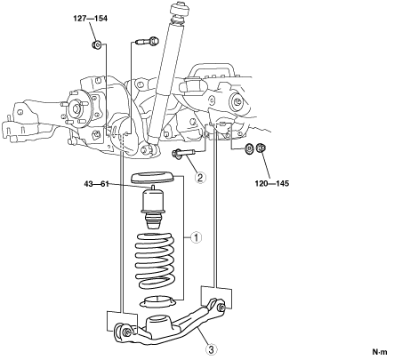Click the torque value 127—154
point(91,19)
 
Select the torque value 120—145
point(272,184)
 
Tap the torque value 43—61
point(97,184)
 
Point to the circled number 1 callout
point(196,237)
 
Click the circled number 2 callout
point(200,178)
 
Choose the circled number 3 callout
point(211,350)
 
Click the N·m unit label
point(380,352)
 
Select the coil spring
point(155,261)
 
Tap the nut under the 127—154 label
point(96,45)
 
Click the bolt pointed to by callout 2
point(182,153)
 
